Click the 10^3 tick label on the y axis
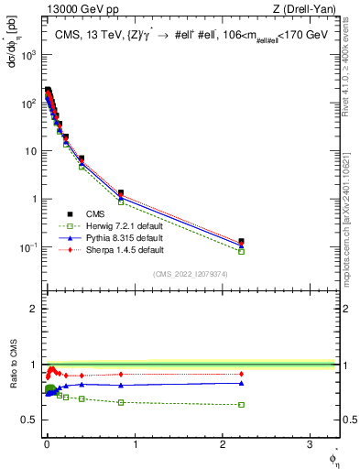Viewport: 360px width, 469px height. click(27, 55)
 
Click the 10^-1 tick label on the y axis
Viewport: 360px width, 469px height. click(27, 247)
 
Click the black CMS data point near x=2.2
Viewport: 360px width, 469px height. click(241, 242)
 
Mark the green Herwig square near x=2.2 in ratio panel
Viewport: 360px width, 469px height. click(241, 404)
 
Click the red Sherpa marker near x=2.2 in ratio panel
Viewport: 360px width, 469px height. click(241, 374)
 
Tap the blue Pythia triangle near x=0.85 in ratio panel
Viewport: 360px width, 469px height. click(121, 385)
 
